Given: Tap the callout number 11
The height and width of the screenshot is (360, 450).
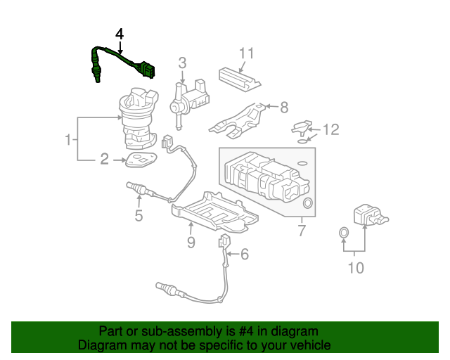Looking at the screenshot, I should point(245,53).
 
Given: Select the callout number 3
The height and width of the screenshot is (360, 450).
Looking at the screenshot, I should point(181,63).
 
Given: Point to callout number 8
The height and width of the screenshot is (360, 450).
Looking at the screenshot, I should point(284,108).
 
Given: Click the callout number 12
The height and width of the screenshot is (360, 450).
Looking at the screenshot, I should point(330,129).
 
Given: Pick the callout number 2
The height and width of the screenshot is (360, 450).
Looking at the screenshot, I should point(104,160).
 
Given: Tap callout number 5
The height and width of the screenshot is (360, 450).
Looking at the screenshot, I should point(139,216).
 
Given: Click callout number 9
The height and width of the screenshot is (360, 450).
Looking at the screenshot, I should point(191,243).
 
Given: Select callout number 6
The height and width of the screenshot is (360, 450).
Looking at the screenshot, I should point(245,254).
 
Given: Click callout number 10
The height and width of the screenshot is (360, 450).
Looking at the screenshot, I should point(356,268).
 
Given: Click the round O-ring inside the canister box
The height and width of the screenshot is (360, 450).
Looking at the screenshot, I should point(307,204).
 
